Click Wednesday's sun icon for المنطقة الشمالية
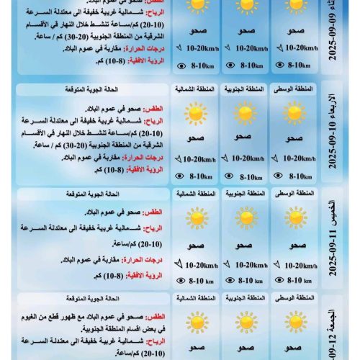coord(194,114)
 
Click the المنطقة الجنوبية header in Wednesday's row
coord(243,89)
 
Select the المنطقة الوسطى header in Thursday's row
coord(293,194)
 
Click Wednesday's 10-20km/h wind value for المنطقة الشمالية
coord(198,159)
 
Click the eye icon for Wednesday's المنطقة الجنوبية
coord(230,175)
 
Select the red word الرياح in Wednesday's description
coord(150,121)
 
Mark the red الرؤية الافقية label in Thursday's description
coord(146,276)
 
